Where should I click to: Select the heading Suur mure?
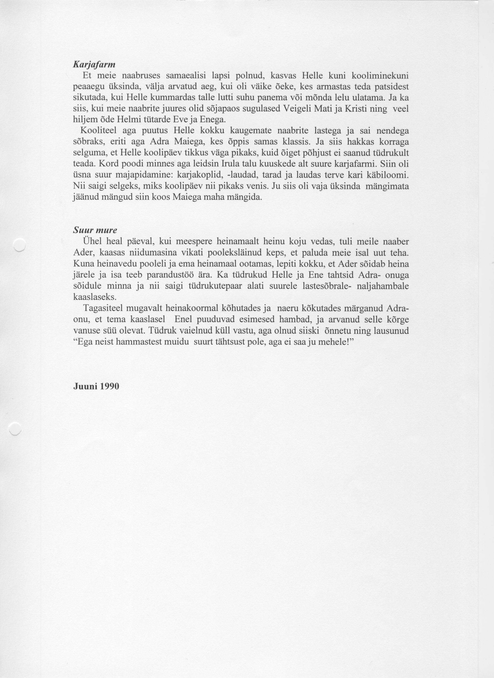tap(95, 230)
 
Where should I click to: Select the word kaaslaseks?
tap(92, 297)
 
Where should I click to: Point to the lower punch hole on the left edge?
tap(16, 428)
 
